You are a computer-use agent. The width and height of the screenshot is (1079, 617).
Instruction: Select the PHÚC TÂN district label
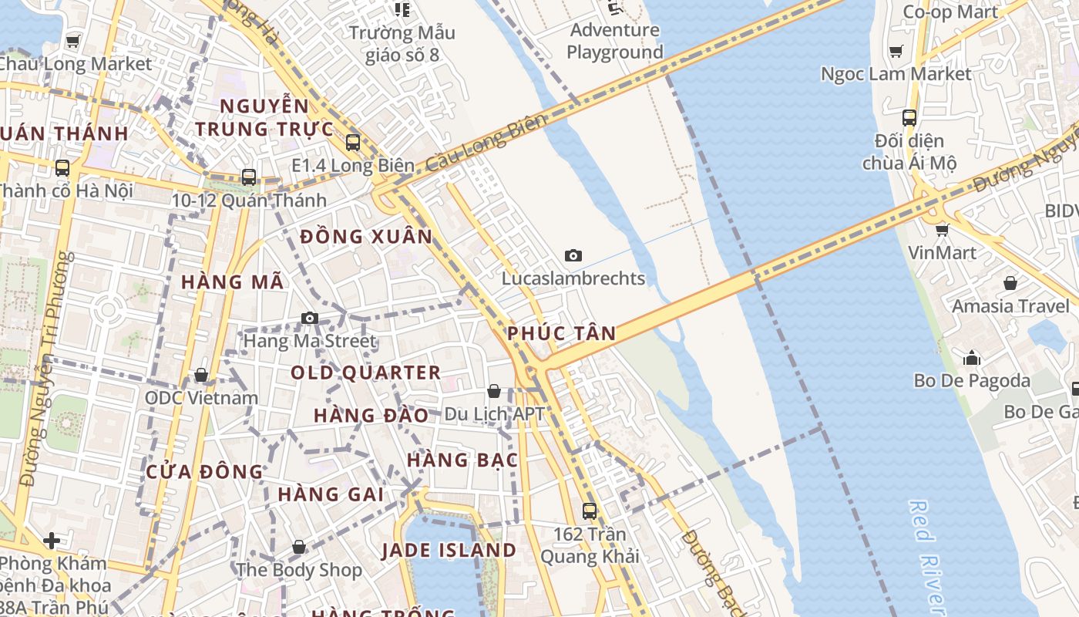(x=561, y=333)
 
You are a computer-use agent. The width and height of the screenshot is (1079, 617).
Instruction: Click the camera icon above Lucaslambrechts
(x=573, y=255)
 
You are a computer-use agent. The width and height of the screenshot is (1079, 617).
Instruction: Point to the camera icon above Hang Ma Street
(x=310, y=318)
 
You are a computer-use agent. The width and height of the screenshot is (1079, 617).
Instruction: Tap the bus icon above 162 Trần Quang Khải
(x=590, y=511)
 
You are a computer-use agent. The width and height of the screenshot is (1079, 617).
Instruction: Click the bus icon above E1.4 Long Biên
(x=353, y=142)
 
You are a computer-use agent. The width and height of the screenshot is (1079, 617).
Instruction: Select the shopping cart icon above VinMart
(x=942, y=230)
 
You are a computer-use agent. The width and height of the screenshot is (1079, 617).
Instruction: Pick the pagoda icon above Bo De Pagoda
(x=972, y=358)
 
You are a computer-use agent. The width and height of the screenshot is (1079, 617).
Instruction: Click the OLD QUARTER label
(x=365, y=373)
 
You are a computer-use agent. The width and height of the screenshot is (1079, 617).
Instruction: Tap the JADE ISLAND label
(x=449, y=550)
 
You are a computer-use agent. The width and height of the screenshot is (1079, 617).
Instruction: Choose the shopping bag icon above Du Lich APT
(x=494, y=391)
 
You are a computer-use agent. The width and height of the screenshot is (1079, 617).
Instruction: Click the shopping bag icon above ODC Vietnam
(x=201, y=375)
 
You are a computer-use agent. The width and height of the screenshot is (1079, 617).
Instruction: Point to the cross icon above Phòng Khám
(x=52, y=541)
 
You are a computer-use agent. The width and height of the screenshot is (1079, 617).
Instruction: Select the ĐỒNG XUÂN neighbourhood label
(x=367, y=236)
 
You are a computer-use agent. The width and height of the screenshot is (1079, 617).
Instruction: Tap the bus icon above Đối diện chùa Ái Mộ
(x=909, y=118)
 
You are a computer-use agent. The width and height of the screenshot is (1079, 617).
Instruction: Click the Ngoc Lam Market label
(x=896, y=74)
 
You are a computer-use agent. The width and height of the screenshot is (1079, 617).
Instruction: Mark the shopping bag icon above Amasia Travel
(x=1010, y=283)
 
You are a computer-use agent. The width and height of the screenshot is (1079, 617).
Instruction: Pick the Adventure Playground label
(x=615, y=41)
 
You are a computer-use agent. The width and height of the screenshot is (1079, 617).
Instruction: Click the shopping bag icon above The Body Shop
(x=299, y=547)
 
